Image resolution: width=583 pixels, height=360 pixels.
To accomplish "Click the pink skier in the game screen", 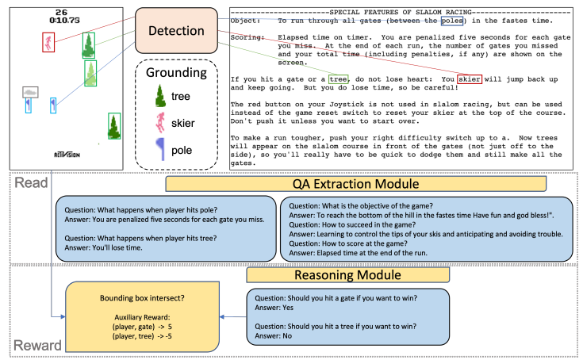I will [48, 41].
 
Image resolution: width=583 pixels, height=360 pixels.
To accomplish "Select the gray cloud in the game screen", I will [30, 93].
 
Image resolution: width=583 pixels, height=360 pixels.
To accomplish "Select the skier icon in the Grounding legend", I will [160, 122].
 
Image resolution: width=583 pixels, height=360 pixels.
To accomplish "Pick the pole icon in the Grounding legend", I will [160, 150].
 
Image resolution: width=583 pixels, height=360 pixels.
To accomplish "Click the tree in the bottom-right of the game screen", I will [115, 126].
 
